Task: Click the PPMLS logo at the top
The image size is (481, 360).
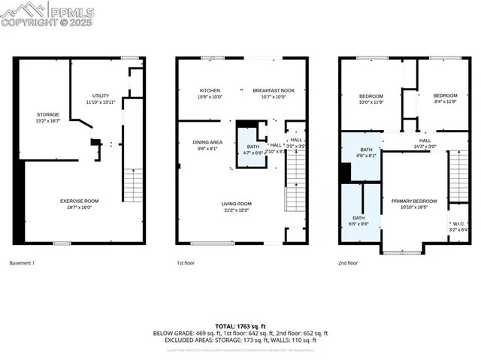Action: [38, 14]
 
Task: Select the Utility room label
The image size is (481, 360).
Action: [100, 98]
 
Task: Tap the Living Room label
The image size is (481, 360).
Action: [236, 207]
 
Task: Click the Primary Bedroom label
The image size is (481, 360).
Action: [414, 204]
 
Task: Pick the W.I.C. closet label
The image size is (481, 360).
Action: [458, 226]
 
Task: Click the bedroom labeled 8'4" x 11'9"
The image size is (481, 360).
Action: [445, 98]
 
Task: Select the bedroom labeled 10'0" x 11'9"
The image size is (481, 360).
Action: [371, 98]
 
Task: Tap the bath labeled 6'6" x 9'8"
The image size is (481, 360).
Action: [358, 221]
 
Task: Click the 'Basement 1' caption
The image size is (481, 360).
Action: [22, 263]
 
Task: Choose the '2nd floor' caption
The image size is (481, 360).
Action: [347, 263]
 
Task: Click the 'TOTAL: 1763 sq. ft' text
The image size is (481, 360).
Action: [240, 326]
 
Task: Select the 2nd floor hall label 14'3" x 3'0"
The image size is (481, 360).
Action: [425, 144]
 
